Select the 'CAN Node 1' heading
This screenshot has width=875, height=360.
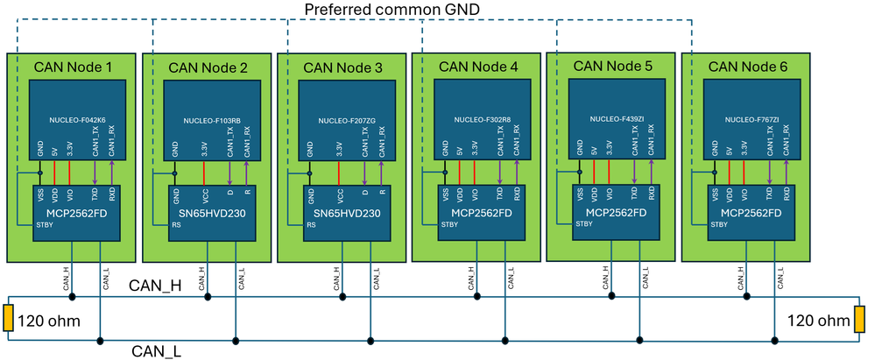74,67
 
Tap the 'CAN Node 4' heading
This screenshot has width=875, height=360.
478,66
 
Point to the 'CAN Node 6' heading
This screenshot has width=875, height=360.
747,66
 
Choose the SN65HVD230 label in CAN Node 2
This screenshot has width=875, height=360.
211,213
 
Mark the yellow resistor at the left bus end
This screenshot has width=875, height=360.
8,320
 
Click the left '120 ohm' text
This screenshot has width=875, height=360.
49,321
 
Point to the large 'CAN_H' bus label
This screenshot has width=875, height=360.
156,286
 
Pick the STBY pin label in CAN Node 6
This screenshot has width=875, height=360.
718,225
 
